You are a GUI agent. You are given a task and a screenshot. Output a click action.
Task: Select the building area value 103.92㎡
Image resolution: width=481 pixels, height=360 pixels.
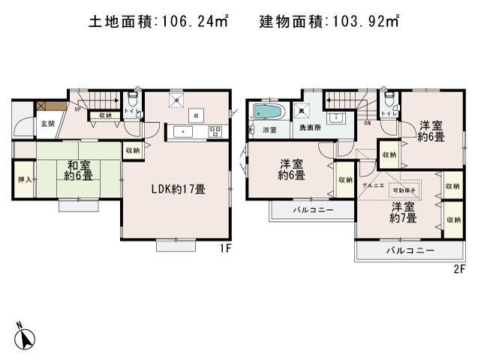(x=363, y=22)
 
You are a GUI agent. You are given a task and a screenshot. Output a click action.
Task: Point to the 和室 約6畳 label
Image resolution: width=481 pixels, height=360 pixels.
(x=78, y=170)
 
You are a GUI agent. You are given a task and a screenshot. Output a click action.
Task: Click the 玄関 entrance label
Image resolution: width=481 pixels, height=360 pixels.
(x=47, y=123)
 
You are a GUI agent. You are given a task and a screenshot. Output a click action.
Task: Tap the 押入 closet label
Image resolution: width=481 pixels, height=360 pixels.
(x=24, y=180)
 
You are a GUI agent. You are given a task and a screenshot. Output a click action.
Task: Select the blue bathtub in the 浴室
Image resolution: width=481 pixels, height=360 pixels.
(x=268, y=112)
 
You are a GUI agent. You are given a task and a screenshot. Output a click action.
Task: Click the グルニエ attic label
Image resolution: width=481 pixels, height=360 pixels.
(x=372, y=184)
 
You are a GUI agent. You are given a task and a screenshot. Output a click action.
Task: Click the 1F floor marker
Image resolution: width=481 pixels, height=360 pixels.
(x=223, y=247)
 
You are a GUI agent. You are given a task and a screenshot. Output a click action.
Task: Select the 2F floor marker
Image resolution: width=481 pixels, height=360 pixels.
(x=459, y=268)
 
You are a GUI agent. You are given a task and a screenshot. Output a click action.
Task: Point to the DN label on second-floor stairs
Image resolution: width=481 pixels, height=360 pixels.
(x=368, y=123)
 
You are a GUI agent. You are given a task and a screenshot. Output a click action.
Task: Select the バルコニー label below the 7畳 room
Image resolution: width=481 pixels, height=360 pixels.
(x=410, y=250)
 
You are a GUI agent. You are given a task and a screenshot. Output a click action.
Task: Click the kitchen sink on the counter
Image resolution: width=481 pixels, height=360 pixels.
(x=182, y=132)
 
